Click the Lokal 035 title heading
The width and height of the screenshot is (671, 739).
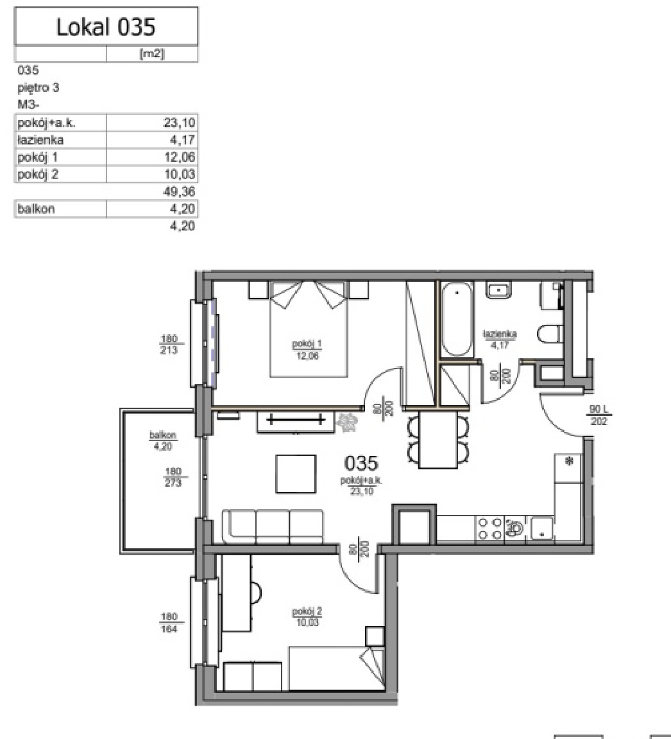pos(106,27)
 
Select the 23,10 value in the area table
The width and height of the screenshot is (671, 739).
pos(179,123)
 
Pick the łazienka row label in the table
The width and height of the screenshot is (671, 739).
pos(40,140)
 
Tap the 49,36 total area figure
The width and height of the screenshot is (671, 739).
pos(180,191)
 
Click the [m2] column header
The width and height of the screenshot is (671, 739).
pos(152,54)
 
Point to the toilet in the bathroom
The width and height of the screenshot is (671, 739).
pos(550,334)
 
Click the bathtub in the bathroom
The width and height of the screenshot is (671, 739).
pos(457,319)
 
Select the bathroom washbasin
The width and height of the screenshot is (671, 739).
pos(499,290)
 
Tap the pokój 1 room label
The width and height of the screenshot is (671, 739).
pos(307,345)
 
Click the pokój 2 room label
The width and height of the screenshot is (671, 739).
pos(307,612)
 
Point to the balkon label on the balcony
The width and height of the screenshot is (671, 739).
pos(163,435)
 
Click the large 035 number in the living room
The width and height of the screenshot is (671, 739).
pos(361,464)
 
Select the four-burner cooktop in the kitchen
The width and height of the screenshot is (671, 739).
pos(489,528)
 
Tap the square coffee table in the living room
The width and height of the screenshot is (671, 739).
pos(296,474)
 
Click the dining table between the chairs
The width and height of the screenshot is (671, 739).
pos(438,439)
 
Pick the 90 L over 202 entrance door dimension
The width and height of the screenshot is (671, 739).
pos(599,415)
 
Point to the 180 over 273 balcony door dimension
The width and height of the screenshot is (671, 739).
pos(173,477)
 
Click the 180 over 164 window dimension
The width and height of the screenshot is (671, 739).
pos(169,623)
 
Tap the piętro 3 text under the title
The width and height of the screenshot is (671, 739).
pos(38,88)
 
